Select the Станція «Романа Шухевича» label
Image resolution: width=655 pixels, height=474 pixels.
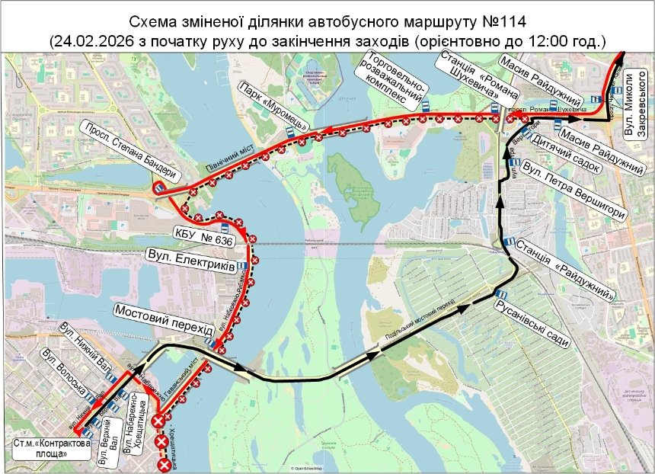pos(480,80)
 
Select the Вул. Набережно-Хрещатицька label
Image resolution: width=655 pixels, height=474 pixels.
pos(134,423)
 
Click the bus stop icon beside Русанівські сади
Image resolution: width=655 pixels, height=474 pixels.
pos(501,294)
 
